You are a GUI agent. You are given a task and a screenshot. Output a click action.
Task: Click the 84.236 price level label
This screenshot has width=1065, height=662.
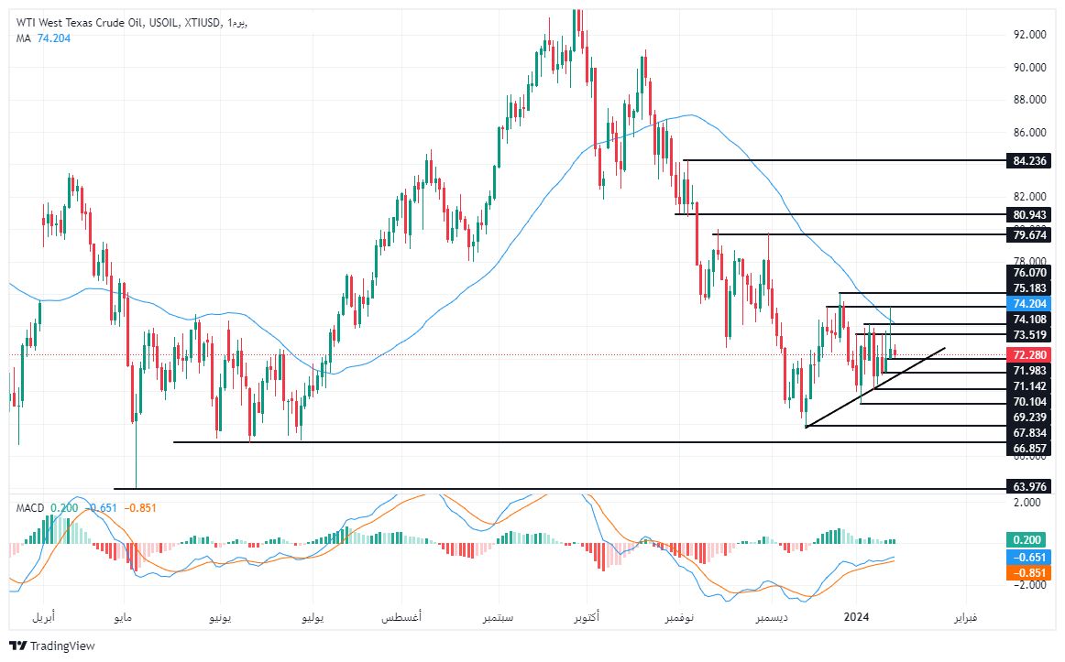coord(1025,161)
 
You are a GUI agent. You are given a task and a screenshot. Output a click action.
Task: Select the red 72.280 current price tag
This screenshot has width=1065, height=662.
coord(1025,354)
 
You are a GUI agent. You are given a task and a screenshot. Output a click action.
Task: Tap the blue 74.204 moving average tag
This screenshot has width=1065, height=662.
coord(1025,303)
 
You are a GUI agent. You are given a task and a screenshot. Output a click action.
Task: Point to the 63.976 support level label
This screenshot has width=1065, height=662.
coord(1025,486)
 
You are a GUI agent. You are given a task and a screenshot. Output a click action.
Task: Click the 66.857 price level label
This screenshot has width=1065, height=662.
coord(1025,449)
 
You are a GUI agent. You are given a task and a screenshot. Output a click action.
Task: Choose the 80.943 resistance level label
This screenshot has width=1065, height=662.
coord(1025,215)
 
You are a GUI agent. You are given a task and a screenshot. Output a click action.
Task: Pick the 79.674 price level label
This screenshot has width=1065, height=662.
coord(1025,234)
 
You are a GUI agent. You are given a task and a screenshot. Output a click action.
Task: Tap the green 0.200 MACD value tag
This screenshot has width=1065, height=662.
coord(1025,540)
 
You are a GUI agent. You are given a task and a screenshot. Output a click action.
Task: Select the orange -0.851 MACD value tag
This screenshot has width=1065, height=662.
coord(1025,573)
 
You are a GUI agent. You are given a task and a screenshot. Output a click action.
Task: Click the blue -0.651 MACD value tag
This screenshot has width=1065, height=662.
coord(1025,557)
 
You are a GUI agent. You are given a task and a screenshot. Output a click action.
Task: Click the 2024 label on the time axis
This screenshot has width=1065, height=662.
coord(855,618)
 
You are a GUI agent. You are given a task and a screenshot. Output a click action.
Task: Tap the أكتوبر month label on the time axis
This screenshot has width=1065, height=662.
coord(586,618)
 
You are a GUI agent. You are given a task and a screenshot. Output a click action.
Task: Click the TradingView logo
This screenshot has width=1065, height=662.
coord(52,646)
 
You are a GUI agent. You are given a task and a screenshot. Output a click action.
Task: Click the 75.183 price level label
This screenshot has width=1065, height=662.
coord(1025,288)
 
